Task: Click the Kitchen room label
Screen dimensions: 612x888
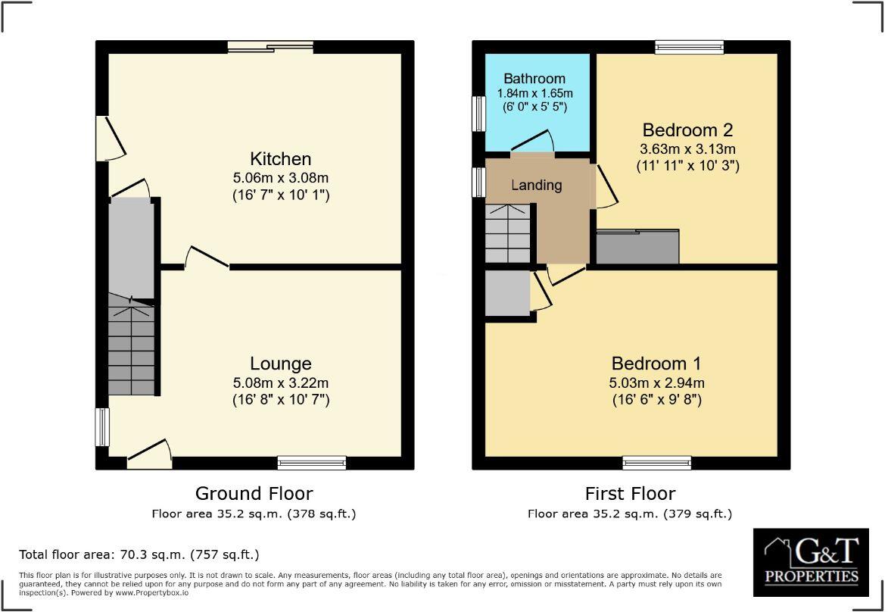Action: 280,159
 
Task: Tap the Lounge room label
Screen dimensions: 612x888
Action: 281,364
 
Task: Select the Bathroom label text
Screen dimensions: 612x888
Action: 534,79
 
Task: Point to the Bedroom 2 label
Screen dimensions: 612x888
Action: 687,130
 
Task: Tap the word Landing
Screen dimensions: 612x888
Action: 536,185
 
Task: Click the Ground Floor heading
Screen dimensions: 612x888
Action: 254,494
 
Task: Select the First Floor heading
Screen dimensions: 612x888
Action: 630,494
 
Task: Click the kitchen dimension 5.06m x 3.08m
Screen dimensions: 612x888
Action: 280,178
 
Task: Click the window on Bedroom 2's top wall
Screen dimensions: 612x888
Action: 689,47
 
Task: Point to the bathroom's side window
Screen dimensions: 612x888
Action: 478,114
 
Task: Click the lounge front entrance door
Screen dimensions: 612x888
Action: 148,451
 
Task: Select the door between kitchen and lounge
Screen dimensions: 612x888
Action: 206,258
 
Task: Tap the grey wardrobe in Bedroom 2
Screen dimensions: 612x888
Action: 637,247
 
